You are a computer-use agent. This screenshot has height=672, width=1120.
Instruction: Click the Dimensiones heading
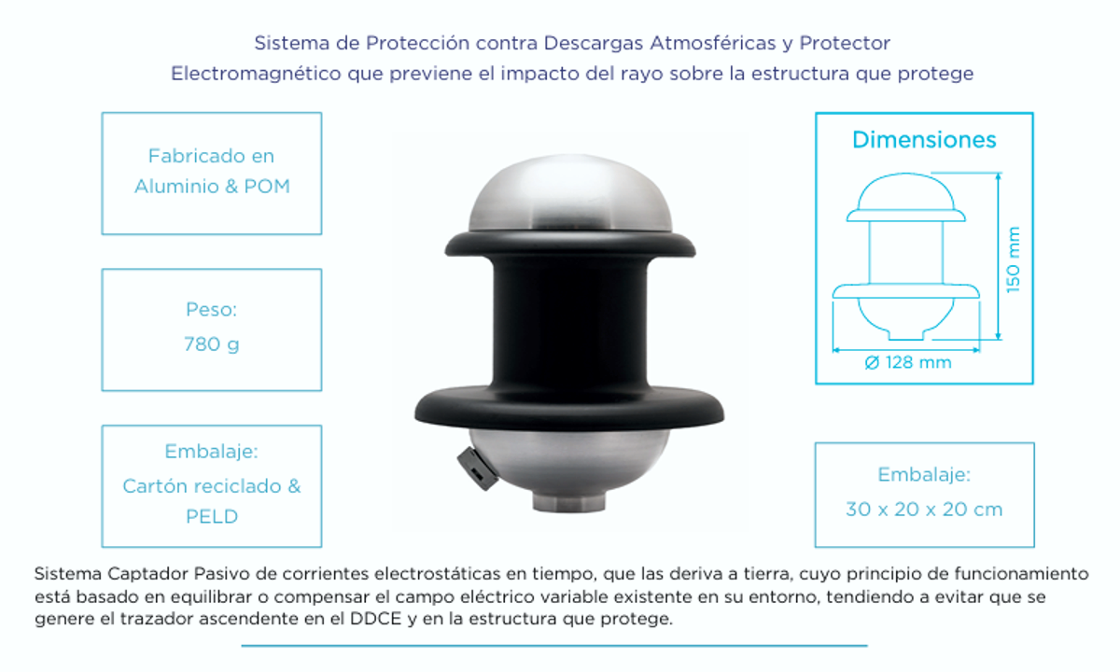pos(924,141)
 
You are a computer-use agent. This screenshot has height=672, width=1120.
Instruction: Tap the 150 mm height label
pos(1015,259)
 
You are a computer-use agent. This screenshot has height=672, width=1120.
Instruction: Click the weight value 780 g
pos(211,344)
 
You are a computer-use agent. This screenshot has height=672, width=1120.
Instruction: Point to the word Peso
pos(211,309)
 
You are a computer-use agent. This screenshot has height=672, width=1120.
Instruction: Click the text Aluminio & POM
pos(212,187)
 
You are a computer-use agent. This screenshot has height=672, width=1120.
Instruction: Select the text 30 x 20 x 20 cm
pos(924,510)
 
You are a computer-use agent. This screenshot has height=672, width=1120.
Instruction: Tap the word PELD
pos(211,516)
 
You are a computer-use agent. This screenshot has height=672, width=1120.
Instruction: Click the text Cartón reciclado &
pos(212,486)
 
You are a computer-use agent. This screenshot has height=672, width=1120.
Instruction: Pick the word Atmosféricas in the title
pos(707,43)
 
